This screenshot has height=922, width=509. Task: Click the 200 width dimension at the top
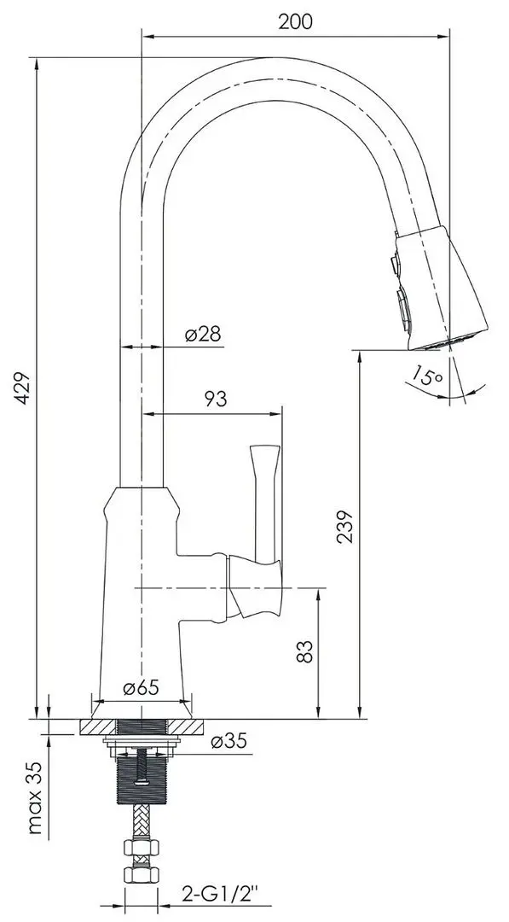click(295, 21)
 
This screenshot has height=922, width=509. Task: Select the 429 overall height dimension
click(22, 388)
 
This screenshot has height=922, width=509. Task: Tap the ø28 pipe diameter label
click(203, 334)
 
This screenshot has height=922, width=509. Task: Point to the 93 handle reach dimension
click(215, 400)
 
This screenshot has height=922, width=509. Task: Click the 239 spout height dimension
click(346, 526)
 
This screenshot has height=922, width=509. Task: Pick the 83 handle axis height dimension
click(305, 651)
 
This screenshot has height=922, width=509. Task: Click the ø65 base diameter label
click(141, 687)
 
